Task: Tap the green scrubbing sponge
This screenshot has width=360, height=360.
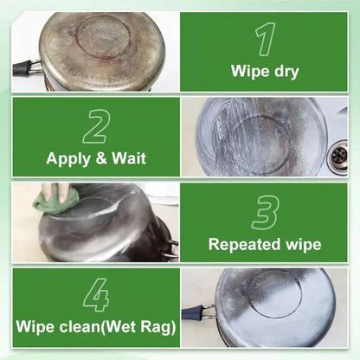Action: [x=57, y=200]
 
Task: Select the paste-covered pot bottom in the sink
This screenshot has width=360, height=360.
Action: [x=254, y=135]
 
